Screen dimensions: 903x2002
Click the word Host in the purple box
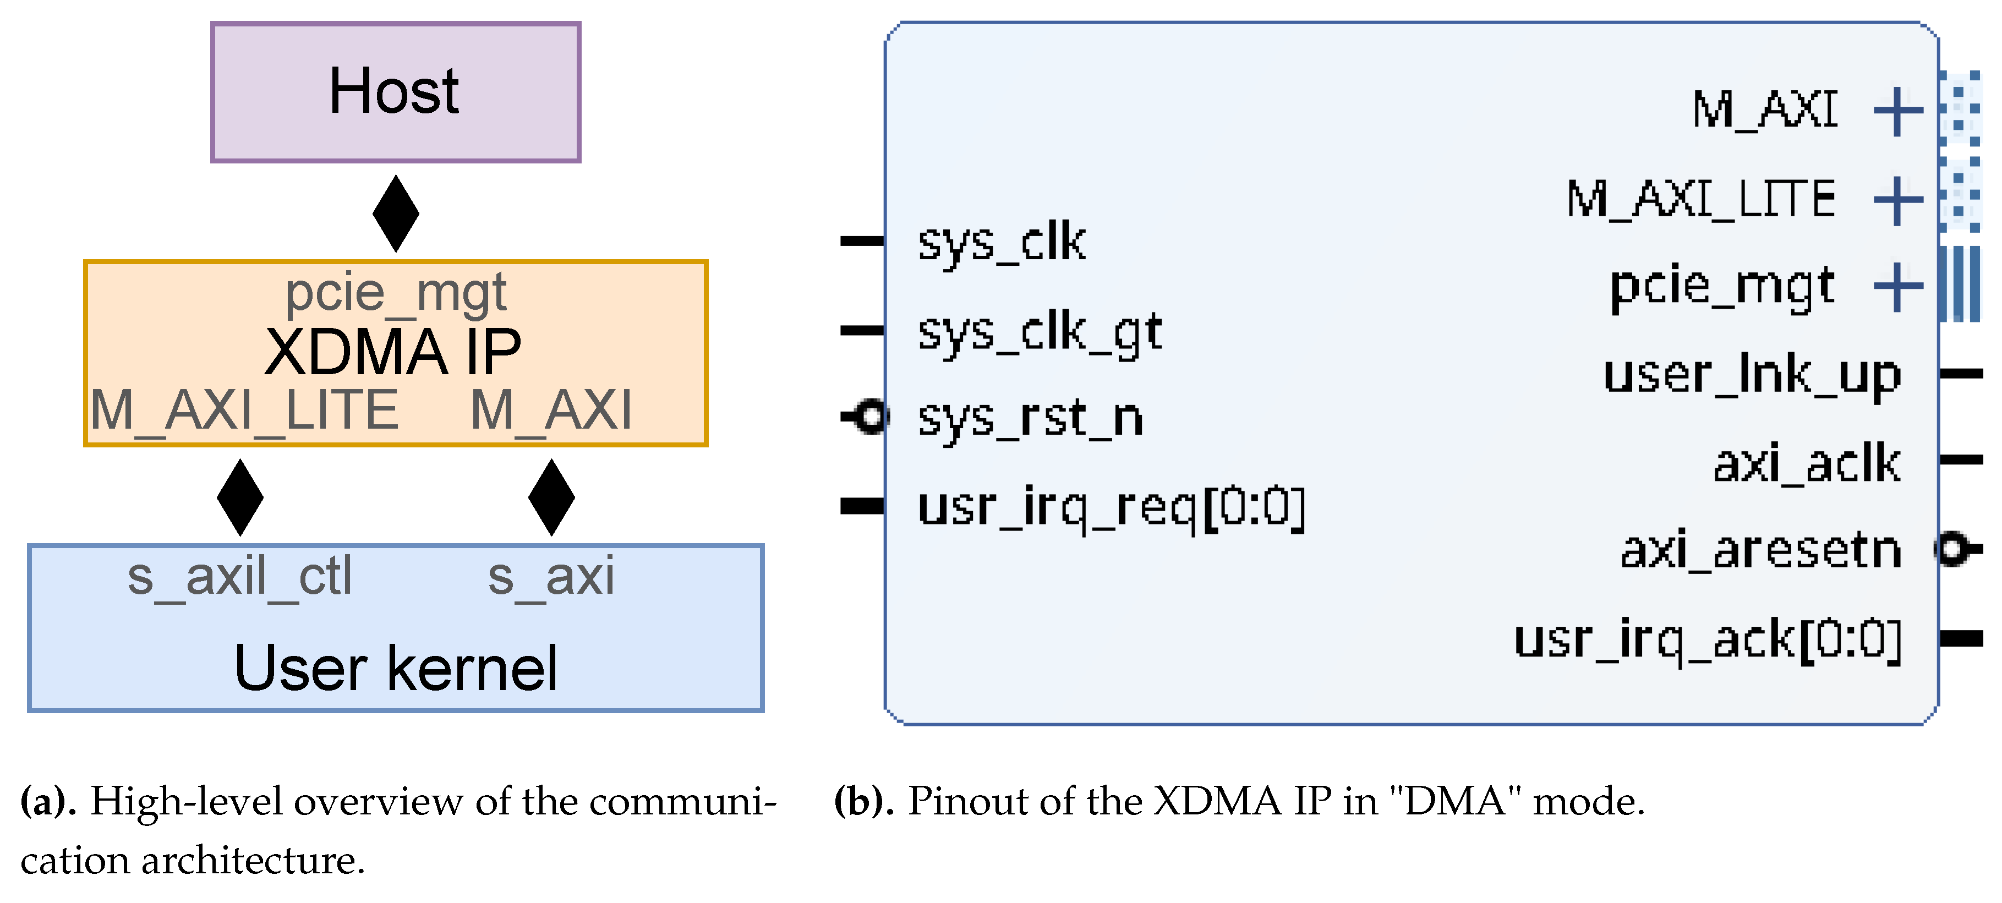[x=394, y=92]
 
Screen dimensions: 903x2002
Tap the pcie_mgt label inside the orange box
[x=396, y=294]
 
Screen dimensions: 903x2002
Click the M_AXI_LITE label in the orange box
[x=244, y=411]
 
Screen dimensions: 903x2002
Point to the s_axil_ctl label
[x=239, y=577]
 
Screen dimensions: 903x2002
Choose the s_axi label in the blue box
[x=551, y=577]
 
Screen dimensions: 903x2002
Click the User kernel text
[x=396, y=669]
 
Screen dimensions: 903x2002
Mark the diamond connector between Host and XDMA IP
[x=396, y=214]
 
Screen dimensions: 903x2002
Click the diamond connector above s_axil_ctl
[x=240, y=497]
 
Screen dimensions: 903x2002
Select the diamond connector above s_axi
[x=551, y=497]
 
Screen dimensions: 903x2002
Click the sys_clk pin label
[x=1002, y=243]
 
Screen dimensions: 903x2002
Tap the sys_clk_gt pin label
[x=1040, y=332]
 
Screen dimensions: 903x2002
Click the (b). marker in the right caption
[x=863, y=801]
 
